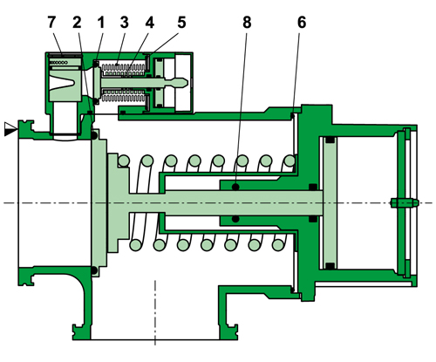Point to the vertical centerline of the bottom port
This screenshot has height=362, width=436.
[x=155, y=314]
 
